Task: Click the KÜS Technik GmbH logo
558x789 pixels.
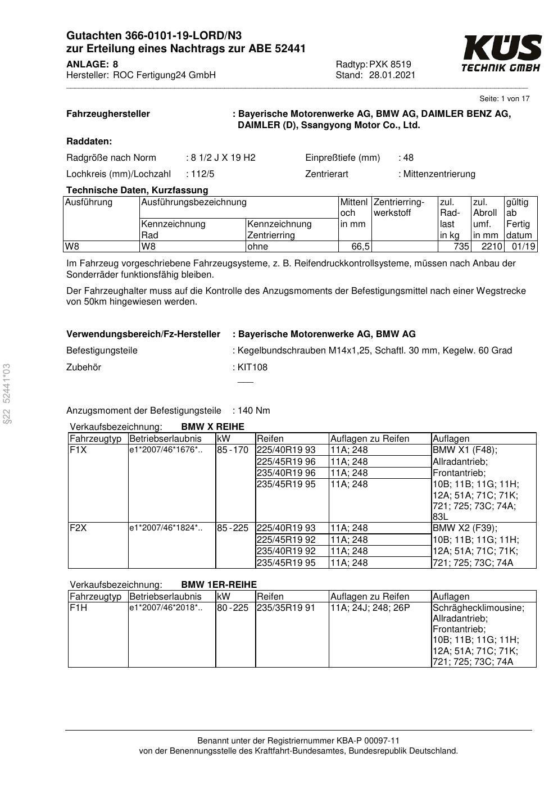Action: click(501, 53)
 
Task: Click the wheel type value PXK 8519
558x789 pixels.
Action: click(390, 64)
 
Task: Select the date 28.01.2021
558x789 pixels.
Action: click(392, 75)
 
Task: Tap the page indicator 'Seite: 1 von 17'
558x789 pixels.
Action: click(504, 99)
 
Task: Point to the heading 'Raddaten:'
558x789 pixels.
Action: click(89, 141)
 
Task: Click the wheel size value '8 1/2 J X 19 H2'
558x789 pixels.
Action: click(223, 157)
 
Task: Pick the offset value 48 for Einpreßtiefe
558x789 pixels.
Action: click(408, 157)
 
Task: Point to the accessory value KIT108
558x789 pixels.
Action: click(252, 367)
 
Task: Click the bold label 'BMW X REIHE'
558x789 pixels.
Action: click(212, 427)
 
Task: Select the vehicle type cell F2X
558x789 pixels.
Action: click(78, 528)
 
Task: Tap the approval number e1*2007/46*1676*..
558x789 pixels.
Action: click(165, 450)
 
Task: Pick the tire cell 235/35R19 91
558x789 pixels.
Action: click(286, 607)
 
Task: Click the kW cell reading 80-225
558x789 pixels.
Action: click(233, 607)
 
